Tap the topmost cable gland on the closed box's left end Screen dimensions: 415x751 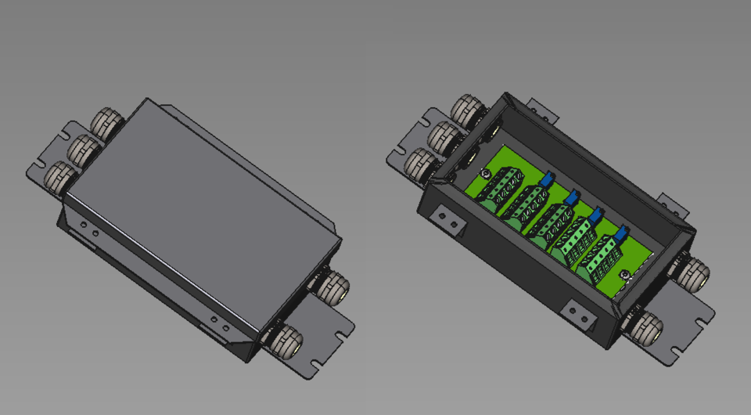[x=105, y=124]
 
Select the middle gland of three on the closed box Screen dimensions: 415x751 [x=82, y=148]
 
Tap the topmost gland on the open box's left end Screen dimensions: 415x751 [x=468, y=110]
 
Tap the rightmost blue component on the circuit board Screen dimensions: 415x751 [x=622, y=233]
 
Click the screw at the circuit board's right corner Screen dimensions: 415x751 [x=624, y=274]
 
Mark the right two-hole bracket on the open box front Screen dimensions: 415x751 [x=580, y=312]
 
